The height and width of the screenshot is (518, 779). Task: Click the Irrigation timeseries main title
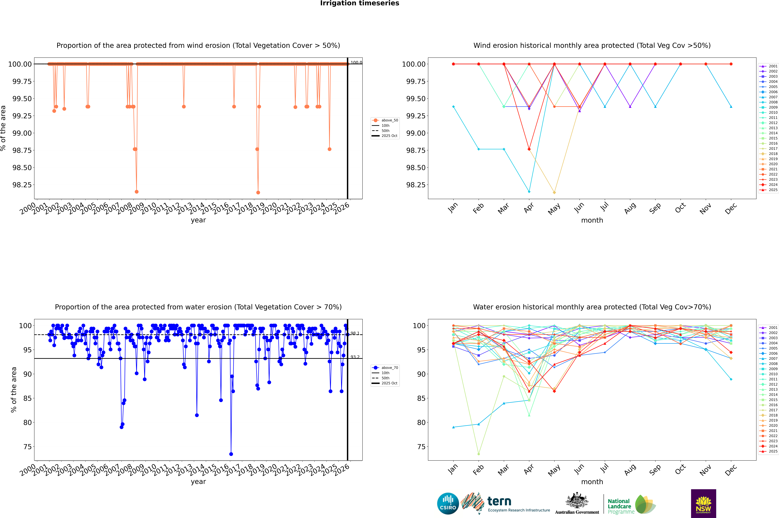[x=360, y=3]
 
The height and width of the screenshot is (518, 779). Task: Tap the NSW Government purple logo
[x=703, y=503]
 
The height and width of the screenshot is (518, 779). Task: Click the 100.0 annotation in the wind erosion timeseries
[x=356, y=62]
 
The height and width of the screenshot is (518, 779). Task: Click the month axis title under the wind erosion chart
[x=592, y=220]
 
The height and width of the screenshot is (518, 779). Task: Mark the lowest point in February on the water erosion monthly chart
[x=478, y=454]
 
